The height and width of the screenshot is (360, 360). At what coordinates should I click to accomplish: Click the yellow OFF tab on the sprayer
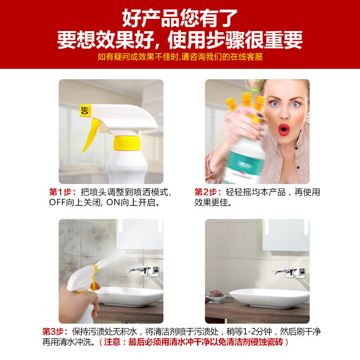(85, 110)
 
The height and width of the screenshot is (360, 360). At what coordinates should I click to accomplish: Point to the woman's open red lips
(283, 130)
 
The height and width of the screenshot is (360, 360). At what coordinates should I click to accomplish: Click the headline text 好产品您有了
(180, 19)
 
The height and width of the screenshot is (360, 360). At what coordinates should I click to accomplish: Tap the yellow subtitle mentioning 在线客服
(180, 57)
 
